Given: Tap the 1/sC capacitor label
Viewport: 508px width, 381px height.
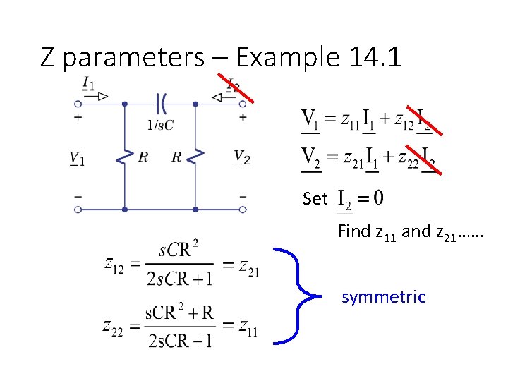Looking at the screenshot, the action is [160, 125].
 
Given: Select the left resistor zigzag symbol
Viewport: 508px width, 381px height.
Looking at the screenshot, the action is [125, 157].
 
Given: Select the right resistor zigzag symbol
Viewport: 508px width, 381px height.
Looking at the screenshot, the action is [194, 157].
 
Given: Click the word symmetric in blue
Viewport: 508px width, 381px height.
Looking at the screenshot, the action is [383, 297].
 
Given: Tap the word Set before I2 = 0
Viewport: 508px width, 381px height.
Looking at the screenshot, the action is [315, 198].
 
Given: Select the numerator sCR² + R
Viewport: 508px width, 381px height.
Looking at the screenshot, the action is [179, 313].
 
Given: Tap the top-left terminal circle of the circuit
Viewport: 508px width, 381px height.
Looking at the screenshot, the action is [78, 104].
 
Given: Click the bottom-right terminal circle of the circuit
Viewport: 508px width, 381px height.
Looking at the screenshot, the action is [243, 209].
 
